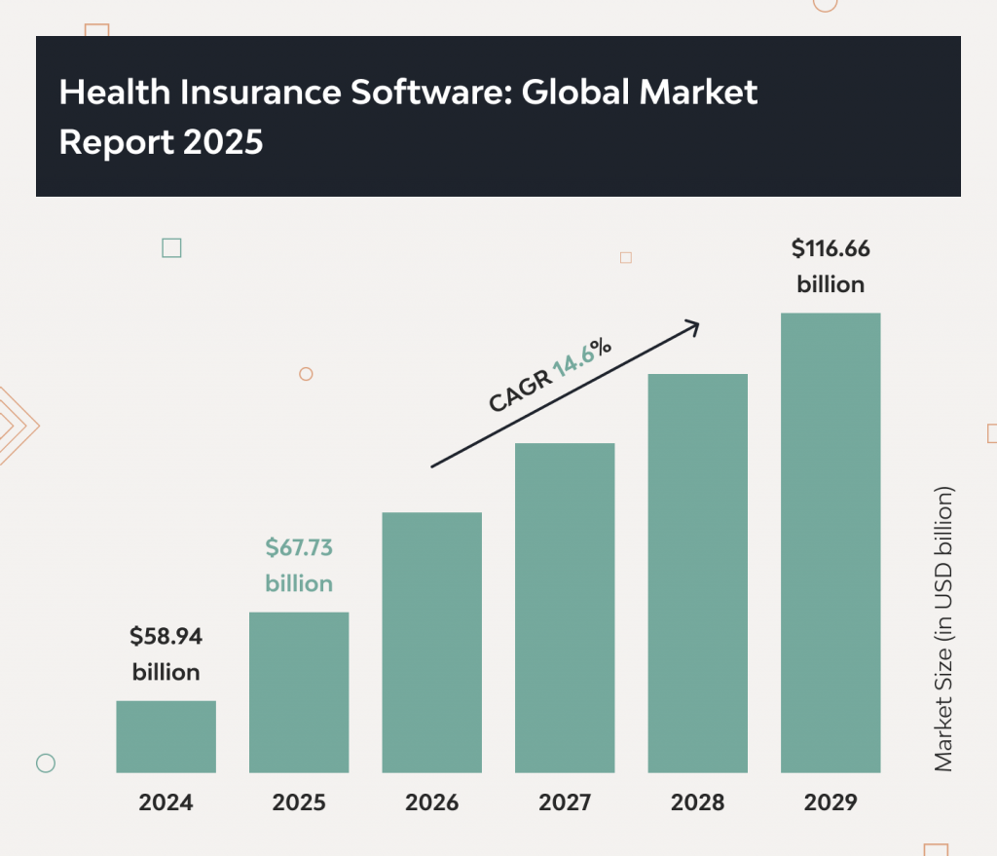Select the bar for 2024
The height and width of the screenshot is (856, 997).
(x=166, y=736)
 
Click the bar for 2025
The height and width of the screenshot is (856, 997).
(x=299, y=692)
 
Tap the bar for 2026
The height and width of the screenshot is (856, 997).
(x=432, y=642)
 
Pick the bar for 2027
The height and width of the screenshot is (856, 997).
(x=565, y=608)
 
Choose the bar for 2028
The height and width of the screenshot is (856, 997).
(x=698, y=573)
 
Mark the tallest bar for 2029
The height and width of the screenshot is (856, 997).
(x=831, y=542)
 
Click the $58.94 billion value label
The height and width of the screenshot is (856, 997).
(x=166, y=654)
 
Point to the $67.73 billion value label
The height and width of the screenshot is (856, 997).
(x=299, y=566)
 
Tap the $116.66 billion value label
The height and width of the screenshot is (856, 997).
(x=831, y=267)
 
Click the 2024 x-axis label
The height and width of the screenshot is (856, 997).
(x=166, y=803)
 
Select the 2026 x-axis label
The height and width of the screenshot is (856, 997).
(x=432, y=803)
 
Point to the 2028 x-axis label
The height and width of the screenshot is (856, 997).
(x=698, y=803)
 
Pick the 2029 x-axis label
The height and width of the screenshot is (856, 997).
(x=831, y=803)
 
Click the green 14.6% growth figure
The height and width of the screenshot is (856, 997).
(x=582, y=358)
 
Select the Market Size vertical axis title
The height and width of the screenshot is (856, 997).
(x=943, y=628)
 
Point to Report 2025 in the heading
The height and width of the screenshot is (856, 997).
(x=161, y=142)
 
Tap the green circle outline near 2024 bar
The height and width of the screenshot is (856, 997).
(x=45, y=763)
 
